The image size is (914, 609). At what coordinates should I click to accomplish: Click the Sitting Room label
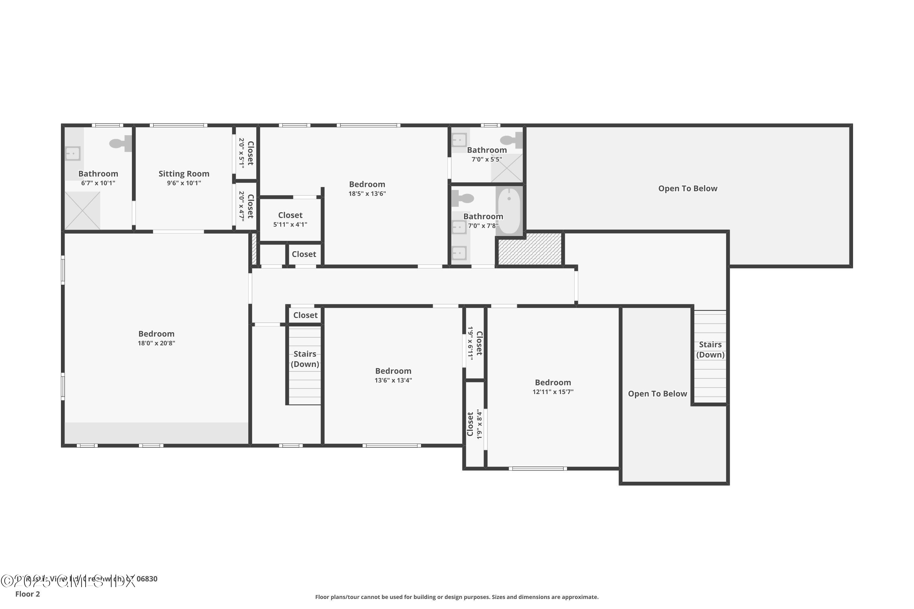point(184,174)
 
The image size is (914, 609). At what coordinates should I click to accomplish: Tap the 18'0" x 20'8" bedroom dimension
point(156,343)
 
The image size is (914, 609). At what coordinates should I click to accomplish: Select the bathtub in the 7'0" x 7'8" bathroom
point(509,210)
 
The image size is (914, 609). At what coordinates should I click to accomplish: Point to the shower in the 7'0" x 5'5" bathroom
point(507,168)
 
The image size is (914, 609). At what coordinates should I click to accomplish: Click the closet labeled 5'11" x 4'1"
point(290,220)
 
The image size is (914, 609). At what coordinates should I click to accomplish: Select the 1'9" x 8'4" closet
point(474,424)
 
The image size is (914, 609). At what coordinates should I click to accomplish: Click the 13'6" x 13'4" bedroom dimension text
point(393,380)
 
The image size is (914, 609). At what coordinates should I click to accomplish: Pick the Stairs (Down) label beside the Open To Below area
point(710,350)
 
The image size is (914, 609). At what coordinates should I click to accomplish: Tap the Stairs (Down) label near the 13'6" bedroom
point(305,359)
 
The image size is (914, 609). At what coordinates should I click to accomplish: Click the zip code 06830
point(147,579)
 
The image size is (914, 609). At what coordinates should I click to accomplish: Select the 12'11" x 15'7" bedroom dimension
point(553,392)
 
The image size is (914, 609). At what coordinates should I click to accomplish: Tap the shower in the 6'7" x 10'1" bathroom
point(82,210)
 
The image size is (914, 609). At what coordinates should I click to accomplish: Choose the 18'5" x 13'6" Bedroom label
point(367,184)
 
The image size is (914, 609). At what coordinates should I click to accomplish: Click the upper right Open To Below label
point(687,188)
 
